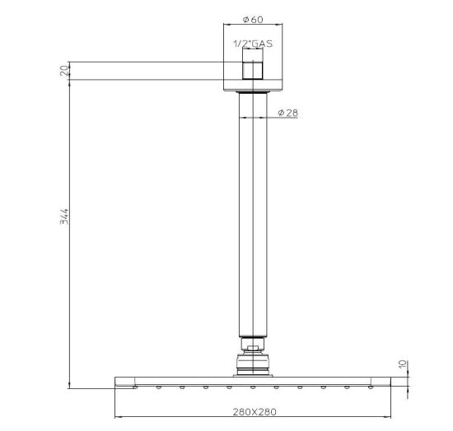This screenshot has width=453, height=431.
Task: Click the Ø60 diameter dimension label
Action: pyautogui.click(x=253, y=20)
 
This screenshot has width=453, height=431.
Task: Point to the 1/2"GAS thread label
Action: pyautogui.click(x=253, y=44)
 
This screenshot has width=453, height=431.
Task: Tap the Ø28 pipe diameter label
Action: pyautogui.click(x=287, y=113)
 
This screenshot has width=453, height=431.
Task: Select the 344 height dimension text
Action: pyautogui.click(x=64, y=216)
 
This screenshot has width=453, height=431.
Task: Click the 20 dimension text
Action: pyautogui.click(x=64, y=71)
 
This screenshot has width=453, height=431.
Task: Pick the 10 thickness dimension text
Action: pyautogui.click(x=403, y=364)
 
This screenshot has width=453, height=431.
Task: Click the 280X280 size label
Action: pyautogui.click(x=255, y=412)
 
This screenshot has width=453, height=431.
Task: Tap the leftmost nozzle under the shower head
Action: pyautogui.click(x=135, y=387)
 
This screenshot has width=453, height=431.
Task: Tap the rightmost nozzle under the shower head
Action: pyautogui.click(x=371, y=387)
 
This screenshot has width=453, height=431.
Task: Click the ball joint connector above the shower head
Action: pyautogui.click(x=253, y=363)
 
